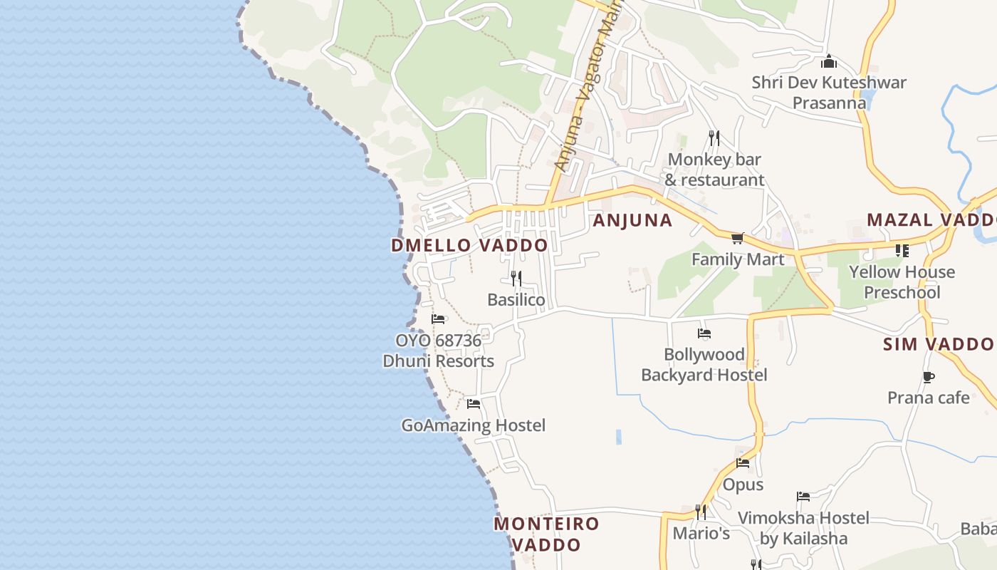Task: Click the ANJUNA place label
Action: (x=632, y=220)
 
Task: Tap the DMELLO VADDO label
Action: (x=469, y=245)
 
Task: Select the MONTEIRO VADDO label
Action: (x=547, y=534)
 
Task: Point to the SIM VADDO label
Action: (x=938, y=345)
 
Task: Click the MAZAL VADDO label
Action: (x=931, y=219)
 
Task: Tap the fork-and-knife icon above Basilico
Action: (x=516, y=278)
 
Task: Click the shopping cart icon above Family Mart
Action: (x=737, y=238)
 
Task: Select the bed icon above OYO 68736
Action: (x=438, y=319)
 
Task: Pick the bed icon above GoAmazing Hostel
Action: (x=474, y=404)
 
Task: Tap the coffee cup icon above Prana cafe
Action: (x=928, y=377)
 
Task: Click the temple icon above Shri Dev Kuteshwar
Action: (x=828, y=61)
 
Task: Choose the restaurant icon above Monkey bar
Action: (x=714, y=138)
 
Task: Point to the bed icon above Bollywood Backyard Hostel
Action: (x=704, y=333)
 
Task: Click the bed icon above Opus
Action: (x=743, y=463)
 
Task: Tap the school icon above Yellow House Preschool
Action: (x=902, y=251)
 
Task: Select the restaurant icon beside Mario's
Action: (x=701, y=512)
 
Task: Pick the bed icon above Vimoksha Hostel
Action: (x=803, y=497)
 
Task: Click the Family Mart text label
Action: (x=738, y=259)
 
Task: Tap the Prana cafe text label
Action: (x=928, y=398)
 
